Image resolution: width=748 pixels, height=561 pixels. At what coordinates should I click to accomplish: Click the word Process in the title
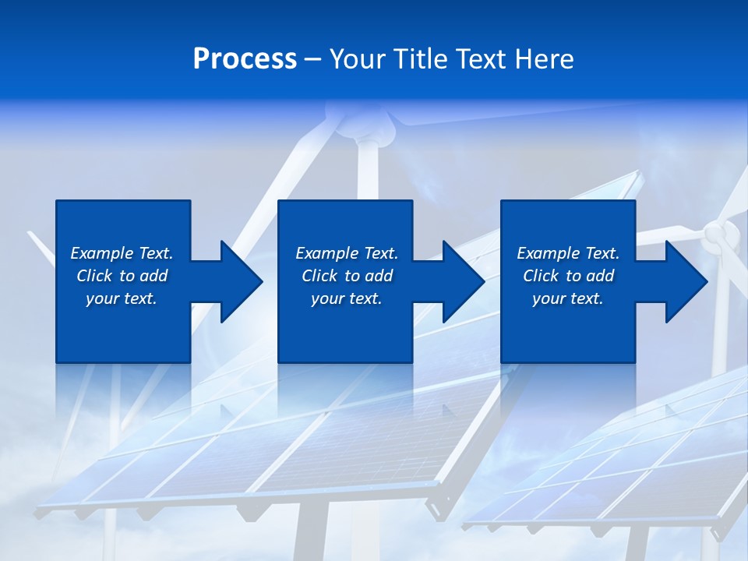[245, 59]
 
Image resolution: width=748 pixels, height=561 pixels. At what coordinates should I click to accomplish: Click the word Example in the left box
[101, 253]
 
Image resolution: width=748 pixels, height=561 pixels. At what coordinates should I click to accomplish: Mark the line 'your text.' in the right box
[567, 298]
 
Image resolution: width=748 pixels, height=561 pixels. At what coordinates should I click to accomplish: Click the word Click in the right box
[542, 276]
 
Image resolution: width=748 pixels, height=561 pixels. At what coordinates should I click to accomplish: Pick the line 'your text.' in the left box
[122, 298]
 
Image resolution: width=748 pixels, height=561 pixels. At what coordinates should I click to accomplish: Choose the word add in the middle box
[379, 276]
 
